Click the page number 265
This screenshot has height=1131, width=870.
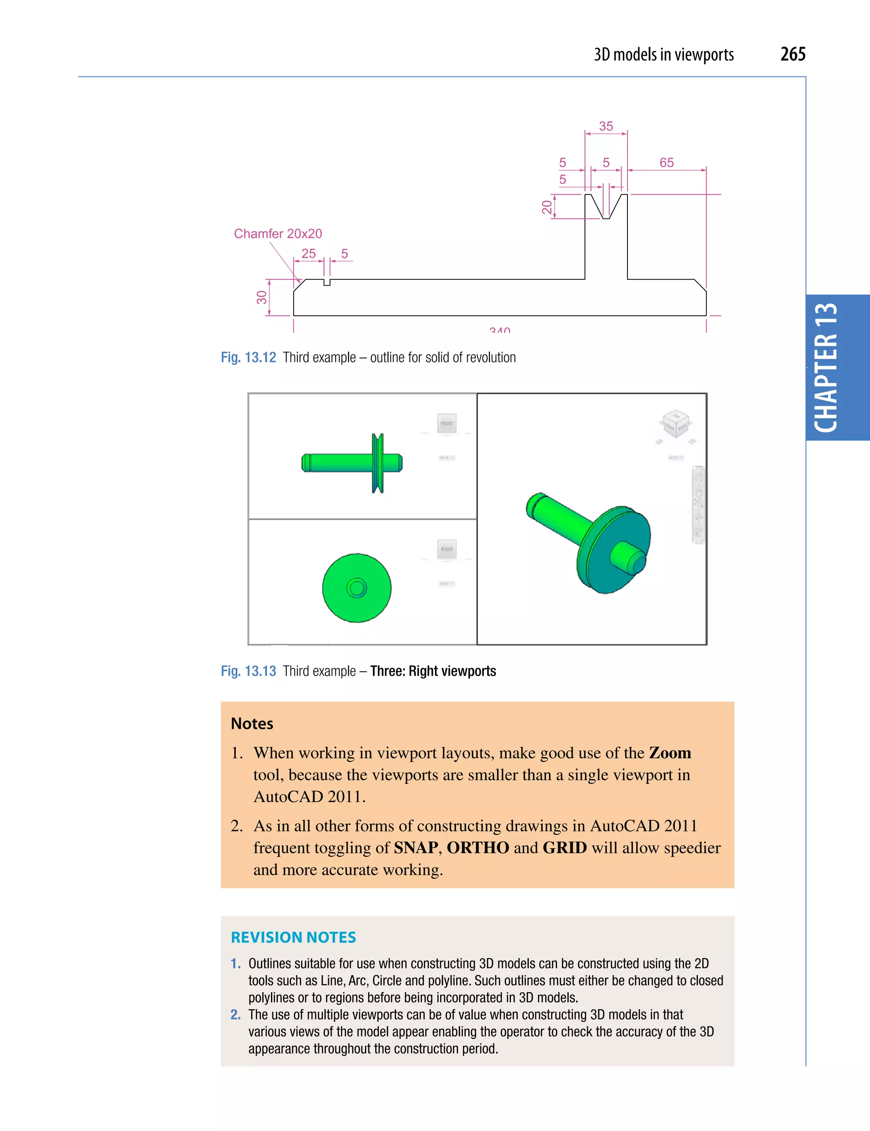coord(792,54)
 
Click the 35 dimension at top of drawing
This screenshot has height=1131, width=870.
coord(605,126)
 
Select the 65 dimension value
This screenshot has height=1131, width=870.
coord(666,163)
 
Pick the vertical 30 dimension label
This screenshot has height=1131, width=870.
coord(262,297)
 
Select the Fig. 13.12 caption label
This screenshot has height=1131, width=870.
coord(248,357)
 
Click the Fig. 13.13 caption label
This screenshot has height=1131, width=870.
coord(248,671)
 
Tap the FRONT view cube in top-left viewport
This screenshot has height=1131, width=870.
coord(446,423)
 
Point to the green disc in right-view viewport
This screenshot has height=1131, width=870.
coord(356,588)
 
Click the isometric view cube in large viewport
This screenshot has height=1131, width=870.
coord(675,424)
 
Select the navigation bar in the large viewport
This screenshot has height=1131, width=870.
coord(698,505)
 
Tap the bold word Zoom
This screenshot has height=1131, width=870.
coord(669,753)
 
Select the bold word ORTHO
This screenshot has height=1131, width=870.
coord(477,848)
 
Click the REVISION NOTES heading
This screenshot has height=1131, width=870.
coord(293,937)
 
